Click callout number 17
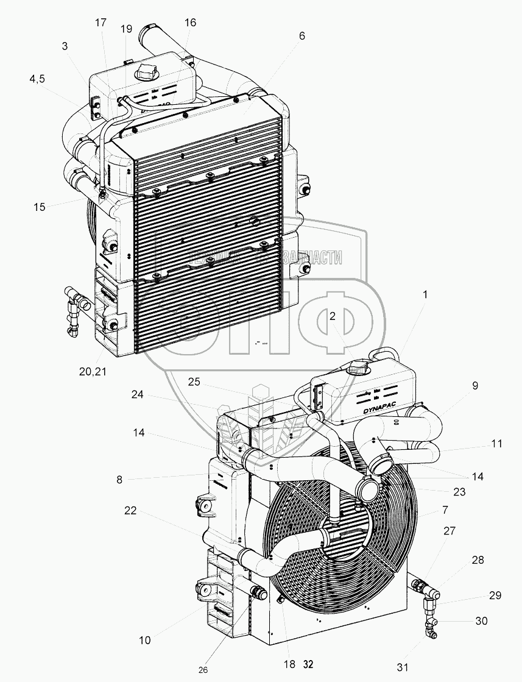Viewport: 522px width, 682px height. click(x=101, y=23)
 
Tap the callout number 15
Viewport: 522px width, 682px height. click(x=40, y=207)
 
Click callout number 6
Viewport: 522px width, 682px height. click(x=301, y=36)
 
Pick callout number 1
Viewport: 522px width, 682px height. click(x=425, y=294)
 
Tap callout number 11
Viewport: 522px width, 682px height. click(x=496, y=444)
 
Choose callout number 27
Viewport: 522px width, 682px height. click(x=449, y=531)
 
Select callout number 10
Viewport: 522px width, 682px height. click(x=145, y=640)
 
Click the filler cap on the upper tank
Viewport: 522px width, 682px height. click(x=147, y=73)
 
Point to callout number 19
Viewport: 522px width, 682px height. click(x=126, y=29)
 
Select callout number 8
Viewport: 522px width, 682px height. click(x=119, y=480)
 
